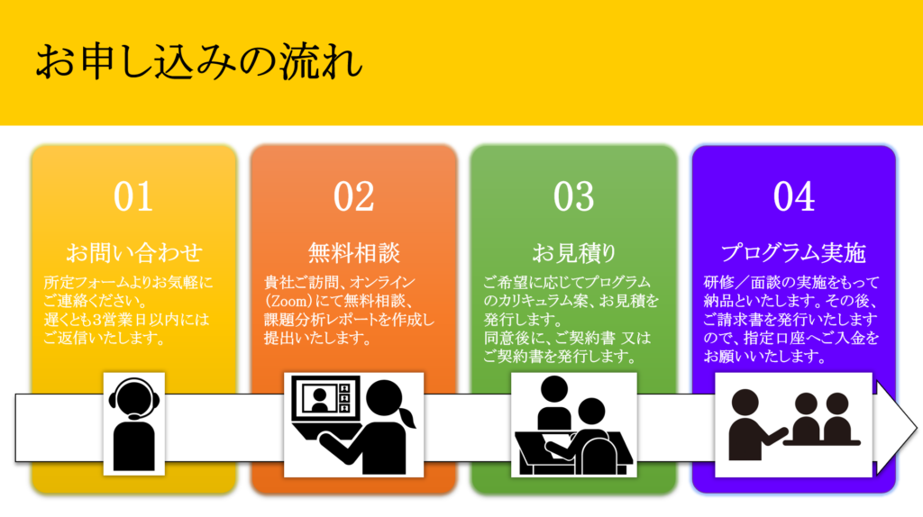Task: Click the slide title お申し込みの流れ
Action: pyautogui.click(x=198, y=62)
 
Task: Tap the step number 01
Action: pyautogui.click(x=133, y=196)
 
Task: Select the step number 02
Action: pyautogui.click(x=353, y=196)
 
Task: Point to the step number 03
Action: pyautogui.click(x=573, y=196)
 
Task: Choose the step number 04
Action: pyautogui.click(x=793, y=196)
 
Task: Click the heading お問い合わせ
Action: pyautogui.click(x=134, y=253)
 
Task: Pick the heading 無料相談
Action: pyautogui.click(x=353, y=253)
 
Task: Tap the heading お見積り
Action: pyautogui.click(x=574, y=253)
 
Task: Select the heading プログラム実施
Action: pyautogui.click(x=793, y=253)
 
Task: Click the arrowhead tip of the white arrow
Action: pyautogui.click(x=917, y=428)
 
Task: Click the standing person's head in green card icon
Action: pyautogui.click(x=554, y=390)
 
